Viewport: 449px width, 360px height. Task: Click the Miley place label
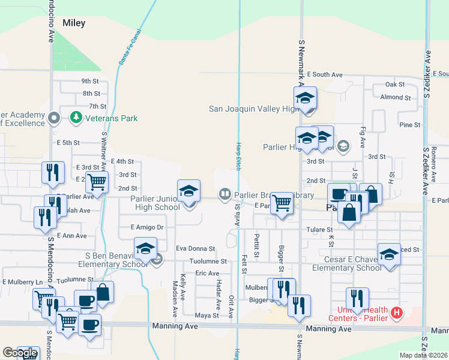(x=71, y=23)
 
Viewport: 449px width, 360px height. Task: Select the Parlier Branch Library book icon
(x=224, y=194)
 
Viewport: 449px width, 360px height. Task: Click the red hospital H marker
(x=396, y=313)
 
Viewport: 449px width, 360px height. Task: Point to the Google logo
(x=20, y=353)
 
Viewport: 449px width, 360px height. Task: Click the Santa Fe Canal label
(x=130, y=47)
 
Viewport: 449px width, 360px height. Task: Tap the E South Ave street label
(x=324, y=75)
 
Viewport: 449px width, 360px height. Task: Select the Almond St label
(x=395, y=97)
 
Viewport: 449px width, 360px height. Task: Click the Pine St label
(x=409, y=125)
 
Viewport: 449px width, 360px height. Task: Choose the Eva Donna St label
(x=195, y=248)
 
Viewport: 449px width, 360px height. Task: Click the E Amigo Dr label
(x=147, y=227)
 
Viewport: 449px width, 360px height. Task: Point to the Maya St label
(x=206, y=316)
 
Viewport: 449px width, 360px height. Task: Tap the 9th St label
(x=89, y=81)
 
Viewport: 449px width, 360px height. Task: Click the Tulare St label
(x=321, y=230)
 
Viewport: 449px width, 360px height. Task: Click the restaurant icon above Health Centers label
(x=357, y=298)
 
